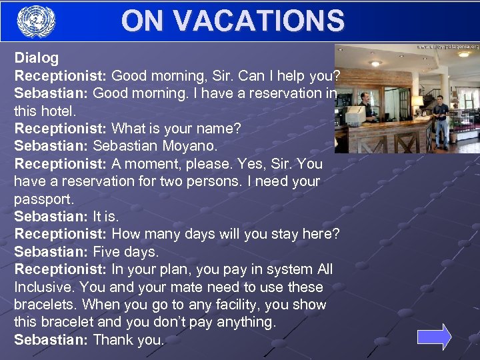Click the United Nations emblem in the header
tap(36, 21)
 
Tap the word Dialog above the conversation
tap(37, 58)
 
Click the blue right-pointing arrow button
tap(434, 337)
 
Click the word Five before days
tap(107, 252)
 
